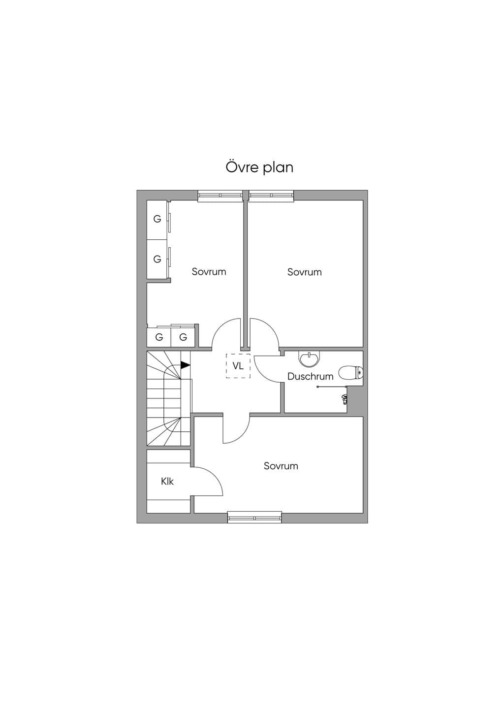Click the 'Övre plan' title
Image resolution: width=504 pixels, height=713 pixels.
point(259,167)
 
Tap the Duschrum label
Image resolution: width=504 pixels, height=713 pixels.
point(310,376)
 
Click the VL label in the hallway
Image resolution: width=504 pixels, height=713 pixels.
point(238,366)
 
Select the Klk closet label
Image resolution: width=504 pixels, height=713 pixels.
point(167,481)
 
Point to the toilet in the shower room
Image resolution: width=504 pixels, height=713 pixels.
point(350,373)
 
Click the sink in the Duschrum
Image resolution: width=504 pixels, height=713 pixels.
point(309,359)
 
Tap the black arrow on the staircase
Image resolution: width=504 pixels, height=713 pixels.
point(185,365)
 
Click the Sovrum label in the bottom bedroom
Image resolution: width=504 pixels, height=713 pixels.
point(281,466)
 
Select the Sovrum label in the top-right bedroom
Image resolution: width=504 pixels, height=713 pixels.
point(305,272)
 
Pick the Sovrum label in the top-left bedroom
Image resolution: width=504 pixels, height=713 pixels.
point(209,271)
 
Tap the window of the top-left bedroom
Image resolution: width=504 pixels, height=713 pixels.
point(220,196)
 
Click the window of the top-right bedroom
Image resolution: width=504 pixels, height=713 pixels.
point(271,196)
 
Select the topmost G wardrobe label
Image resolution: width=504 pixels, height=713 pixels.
point(157,219)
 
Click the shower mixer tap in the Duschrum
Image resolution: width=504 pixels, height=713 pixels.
point(344,398)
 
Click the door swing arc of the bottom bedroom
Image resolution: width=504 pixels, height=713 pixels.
point(243,436)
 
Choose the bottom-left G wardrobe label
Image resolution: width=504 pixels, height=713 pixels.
point(159,337)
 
